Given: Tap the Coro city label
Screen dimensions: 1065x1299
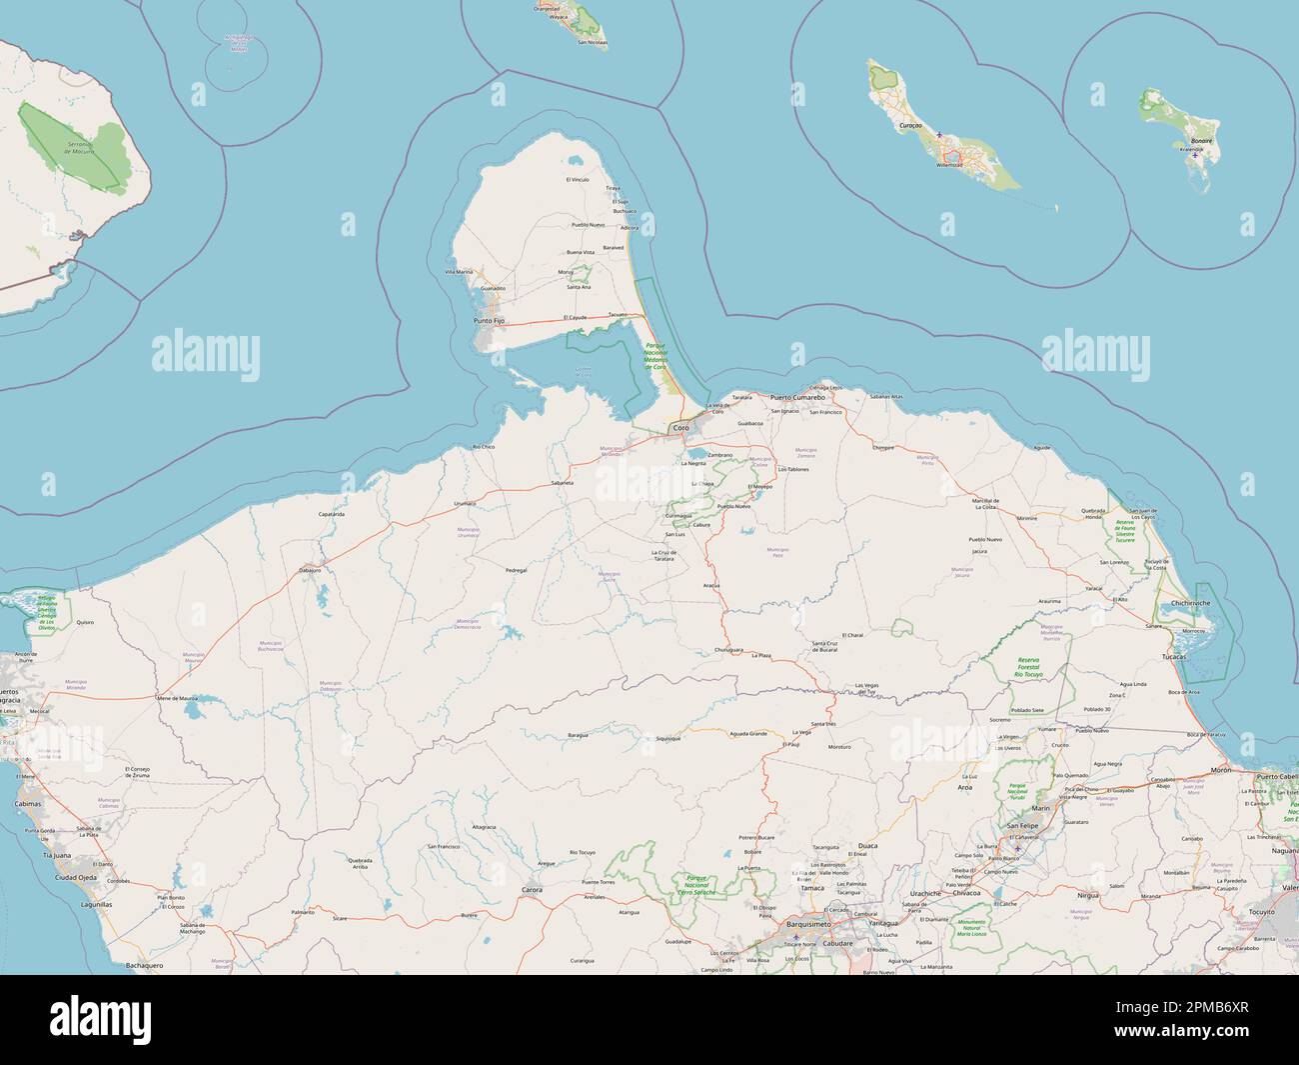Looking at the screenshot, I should pos(681,428).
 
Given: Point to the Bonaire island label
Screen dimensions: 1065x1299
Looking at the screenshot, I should pos(1201,141).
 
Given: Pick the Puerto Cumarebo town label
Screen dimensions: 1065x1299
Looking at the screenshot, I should pos(797,397).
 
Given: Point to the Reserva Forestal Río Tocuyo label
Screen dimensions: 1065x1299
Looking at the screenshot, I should pos(1029,667).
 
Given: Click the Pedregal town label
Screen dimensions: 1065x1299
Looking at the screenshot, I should pos(516,570).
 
